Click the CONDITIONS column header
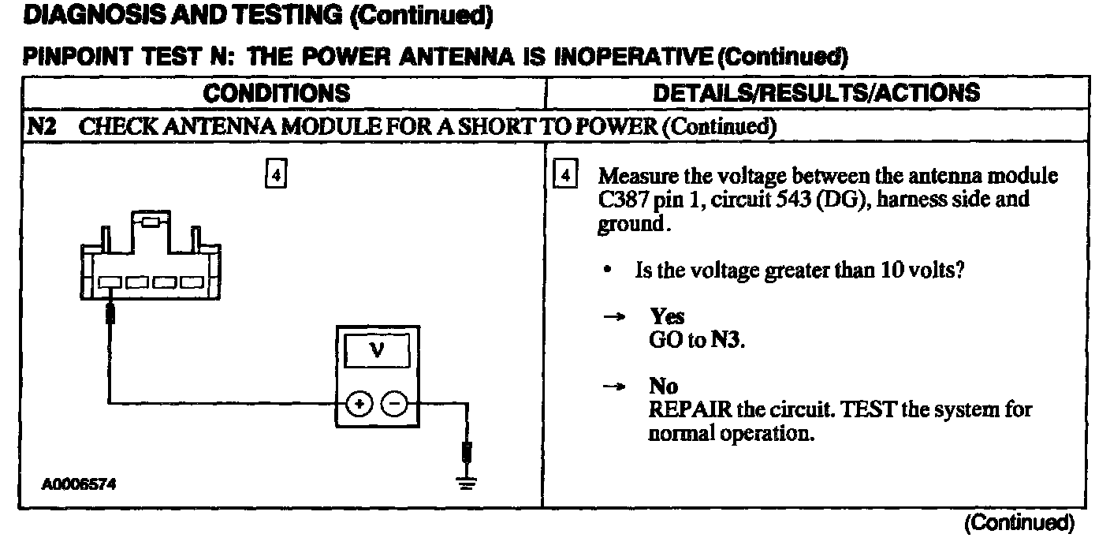276,93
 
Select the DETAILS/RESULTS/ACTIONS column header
817,93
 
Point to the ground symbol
467,482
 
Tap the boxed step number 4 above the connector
275,174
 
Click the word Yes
667,316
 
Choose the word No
663,386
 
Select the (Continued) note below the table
1018,522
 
